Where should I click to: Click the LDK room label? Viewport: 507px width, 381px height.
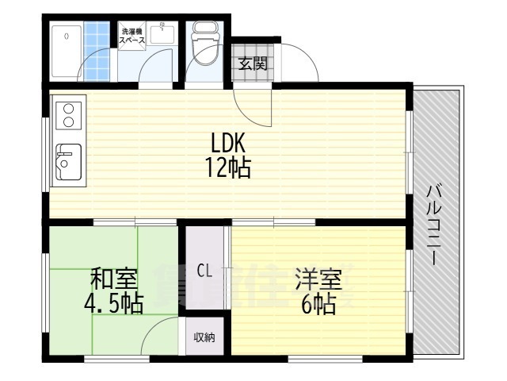(x=230, y=143)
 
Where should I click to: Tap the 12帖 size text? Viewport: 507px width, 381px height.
(x=230, y=168)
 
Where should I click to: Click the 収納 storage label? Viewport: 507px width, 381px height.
(x=204, y=337)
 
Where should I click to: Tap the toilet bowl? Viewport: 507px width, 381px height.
(x=206, y=46)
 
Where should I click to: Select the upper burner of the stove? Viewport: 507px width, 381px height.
(x=67, y=108)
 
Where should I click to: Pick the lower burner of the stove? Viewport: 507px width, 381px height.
(x=67, y=122)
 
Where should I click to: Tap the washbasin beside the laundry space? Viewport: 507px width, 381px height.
(x=165, y=36)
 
